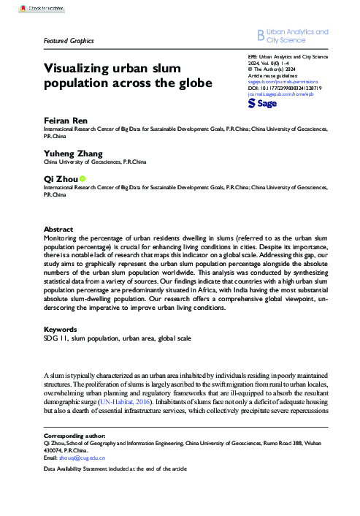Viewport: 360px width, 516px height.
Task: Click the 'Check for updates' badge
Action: [x=29, y=8]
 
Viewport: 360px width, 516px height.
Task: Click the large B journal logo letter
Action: [x=260, y=35]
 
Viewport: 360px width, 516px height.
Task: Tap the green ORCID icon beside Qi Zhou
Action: [x=83, y=178]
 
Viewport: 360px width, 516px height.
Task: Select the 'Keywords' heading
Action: [x=61, y=330]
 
